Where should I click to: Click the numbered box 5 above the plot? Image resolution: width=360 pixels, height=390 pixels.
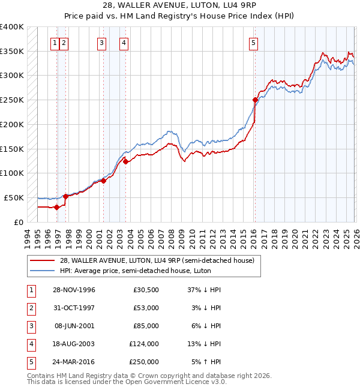click(254, 43)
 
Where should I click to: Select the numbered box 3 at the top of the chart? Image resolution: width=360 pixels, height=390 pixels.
click(101, 43)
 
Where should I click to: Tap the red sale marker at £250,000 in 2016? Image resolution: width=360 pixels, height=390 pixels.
click(255, 100)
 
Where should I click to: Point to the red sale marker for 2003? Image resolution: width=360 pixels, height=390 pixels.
click(125, 161)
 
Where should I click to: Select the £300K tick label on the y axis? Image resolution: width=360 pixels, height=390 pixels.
click(12, 76)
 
